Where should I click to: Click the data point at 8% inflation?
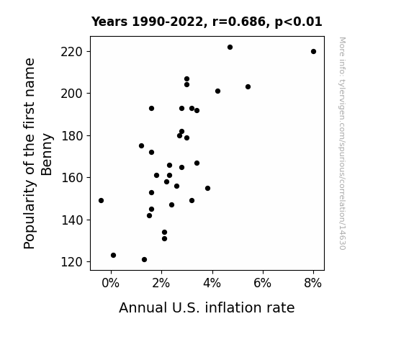coord(313,52)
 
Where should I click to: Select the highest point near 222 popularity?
coord(230,48)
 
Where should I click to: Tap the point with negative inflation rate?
coord(101,200)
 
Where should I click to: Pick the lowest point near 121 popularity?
coord(144,260)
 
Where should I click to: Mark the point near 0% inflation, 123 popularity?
coord(113,255)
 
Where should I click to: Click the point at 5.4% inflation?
coord(248,86)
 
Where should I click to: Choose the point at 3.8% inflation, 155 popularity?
coord(207,189)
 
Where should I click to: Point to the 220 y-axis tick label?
coord(72,52)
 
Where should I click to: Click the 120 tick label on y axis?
coord(72,262)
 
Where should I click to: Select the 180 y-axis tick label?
coord(72,136)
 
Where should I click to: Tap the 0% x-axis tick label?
coord(111,283)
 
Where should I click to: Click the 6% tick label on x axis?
coord(263,283)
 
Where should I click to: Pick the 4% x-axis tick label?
coord(212,283)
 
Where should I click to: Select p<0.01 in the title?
coord(298,22)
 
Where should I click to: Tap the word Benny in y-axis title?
coord(47,155)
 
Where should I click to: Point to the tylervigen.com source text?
coord(342,143)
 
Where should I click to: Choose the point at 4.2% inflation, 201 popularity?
coord(217,91)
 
